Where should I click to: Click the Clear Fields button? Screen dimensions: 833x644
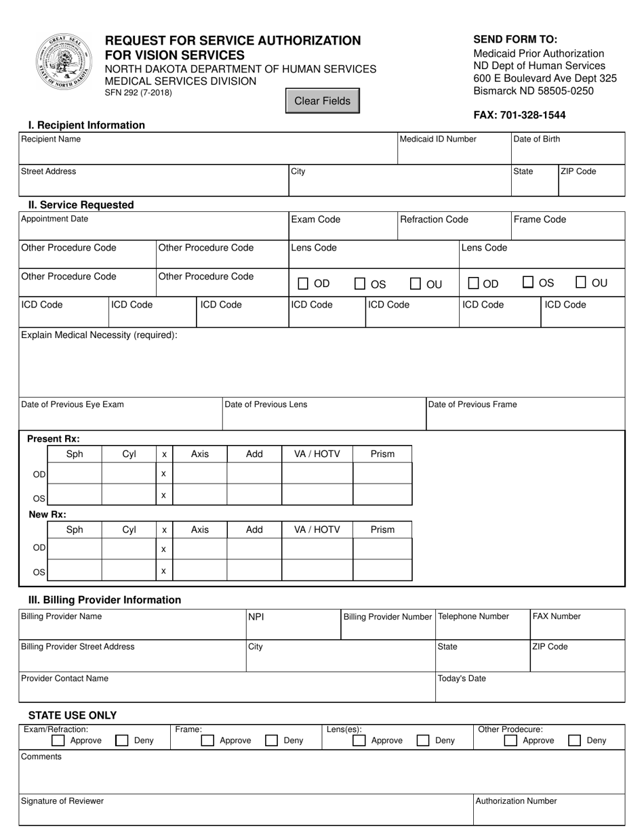[322, 101]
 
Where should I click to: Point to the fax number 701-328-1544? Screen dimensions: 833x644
[519, 115]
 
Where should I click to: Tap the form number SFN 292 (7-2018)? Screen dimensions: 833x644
[138, 93]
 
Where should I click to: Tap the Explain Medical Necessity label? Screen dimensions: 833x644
[100, 335]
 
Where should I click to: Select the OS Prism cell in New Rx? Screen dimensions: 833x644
[382, 570]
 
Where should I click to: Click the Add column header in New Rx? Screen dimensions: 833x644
[254, 530]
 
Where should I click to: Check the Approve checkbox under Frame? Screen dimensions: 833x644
[208, 741]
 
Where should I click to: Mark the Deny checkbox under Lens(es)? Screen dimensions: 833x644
[423, 741]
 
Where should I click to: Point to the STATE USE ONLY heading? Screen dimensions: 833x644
[73, 715]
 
